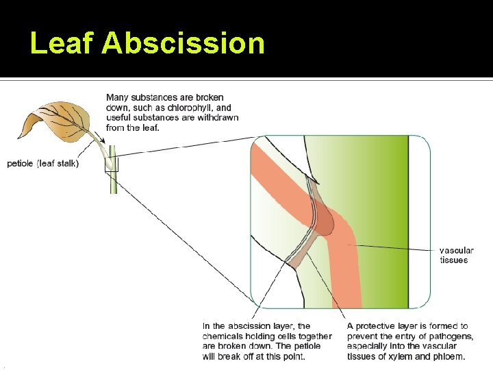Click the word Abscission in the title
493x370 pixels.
pyautogui.click(x=183, y=43)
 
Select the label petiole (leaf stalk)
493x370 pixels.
pyautogui.click(x=42, y=163)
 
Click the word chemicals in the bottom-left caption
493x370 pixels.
pyautogui.click(x=224, y=336)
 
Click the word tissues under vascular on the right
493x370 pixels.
pyautogui.click(x=453, y=260)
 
